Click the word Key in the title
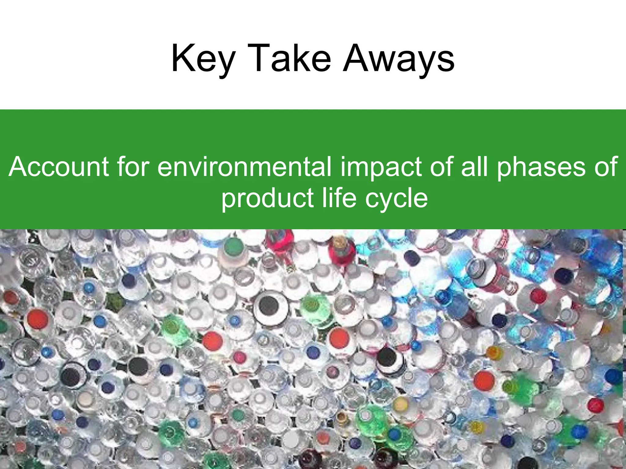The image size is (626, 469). coord(204,59)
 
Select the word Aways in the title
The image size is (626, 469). coord(399,59)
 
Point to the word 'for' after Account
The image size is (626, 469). coord(133,167)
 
